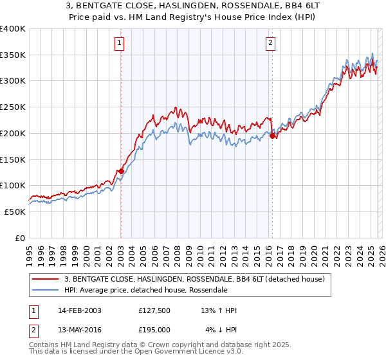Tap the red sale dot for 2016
pos(272,136)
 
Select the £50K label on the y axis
pos(15,212)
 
